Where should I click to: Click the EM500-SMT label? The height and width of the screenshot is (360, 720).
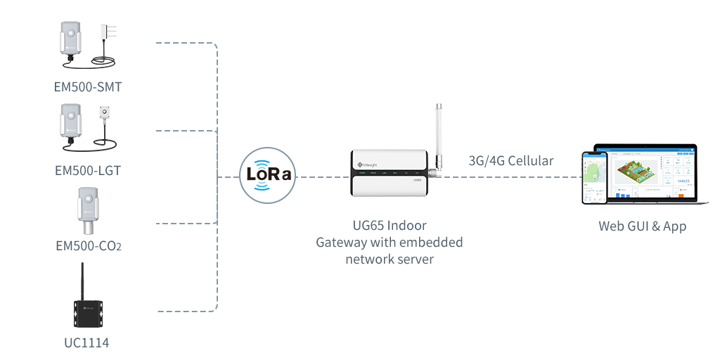click(x=88, y=87)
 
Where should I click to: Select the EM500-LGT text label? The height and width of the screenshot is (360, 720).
click(x=88, y=170)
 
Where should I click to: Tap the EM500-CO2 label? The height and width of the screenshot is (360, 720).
click(x=88, y=246)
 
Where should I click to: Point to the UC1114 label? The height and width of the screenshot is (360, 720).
click(x=86, y=342)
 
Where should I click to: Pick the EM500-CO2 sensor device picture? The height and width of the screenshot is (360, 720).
click(x=88, y=211)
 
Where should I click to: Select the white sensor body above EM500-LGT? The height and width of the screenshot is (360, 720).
click(x=72, y=125)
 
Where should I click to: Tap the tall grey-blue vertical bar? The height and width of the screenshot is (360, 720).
click(x=186, y=176)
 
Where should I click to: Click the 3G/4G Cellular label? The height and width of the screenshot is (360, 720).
click(x=511, y=160)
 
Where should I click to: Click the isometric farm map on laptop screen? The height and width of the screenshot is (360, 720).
click(x=636, y=172)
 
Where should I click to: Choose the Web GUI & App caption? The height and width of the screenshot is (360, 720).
click(x=641, y=226)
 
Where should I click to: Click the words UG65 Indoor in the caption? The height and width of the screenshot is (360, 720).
click(x=389, y=226)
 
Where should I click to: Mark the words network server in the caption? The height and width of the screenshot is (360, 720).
click(x=389, y=258)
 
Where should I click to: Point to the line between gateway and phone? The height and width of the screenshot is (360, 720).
click(x=513, y=176)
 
